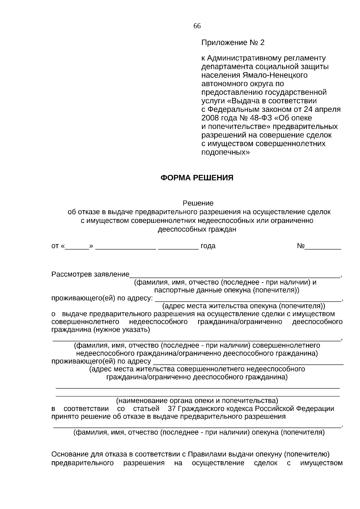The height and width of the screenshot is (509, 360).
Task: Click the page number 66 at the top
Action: [x=197, y=26]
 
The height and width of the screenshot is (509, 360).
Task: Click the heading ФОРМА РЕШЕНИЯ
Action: [x=197, y=178]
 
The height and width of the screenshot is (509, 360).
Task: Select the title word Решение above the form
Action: [x=198, y=203]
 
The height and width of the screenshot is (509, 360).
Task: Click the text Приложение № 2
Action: [x=233, y=43]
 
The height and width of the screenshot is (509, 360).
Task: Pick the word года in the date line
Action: [x=208, y=246]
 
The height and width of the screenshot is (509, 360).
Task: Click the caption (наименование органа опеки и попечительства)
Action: [x=197, y=401]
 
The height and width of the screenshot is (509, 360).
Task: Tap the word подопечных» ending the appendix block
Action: [x=225, y=152]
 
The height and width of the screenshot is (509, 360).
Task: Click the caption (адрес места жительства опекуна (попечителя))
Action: [x=244, y=306]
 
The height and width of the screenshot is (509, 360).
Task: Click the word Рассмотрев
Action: [x=71, y=274]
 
